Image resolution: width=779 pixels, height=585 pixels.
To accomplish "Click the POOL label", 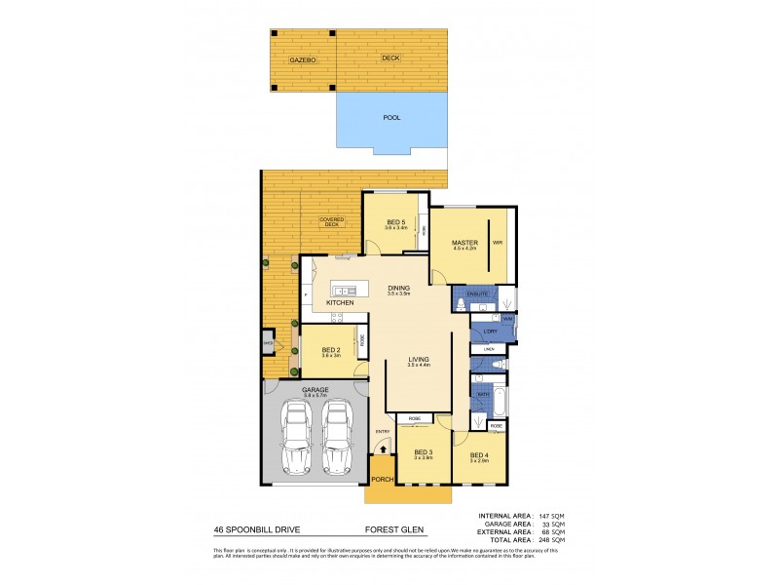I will pos(391,118).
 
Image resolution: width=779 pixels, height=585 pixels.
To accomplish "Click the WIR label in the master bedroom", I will pos(497,242).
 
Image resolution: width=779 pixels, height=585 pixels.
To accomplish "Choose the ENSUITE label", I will pos(477,292).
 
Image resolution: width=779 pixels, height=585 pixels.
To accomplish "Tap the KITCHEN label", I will pos(339,303).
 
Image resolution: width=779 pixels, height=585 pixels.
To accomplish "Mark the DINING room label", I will pos(398,289).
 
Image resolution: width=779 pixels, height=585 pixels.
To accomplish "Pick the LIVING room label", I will pos(419,361).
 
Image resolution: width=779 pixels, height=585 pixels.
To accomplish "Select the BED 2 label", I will pos(330,348).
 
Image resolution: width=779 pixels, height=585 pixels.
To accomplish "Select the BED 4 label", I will pos(478,455).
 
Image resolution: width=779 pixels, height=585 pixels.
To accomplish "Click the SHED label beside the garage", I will pos(267,343).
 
